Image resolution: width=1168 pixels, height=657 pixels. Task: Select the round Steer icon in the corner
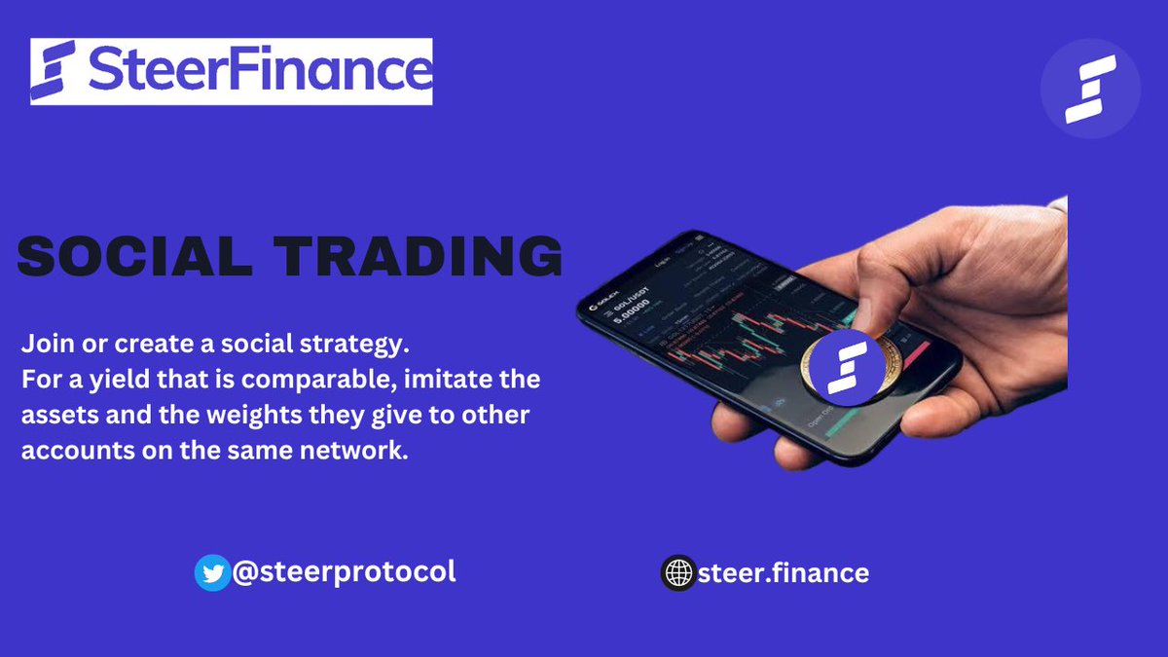point(1090,89)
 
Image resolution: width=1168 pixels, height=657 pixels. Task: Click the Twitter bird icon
point(212,573)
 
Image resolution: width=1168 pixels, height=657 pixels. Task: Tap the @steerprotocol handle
point(344,571)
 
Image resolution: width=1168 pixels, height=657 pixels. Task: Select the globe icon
point(678,573)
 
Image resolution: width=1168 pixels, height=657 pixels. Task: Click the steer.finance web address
point(784,573)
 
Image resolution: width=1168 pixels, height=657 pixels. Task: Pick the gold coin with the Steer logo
point(842,368)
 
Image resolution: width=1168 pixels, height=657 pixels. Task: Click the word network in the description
point(355,450)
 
